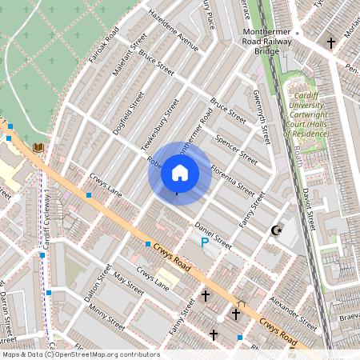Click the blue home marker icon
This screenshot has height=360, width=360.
tap(180, 173)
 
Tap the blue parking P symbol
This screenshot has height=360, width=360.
tap(205, 241)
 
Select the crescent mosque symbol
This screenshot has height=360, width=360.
tap(277, 231)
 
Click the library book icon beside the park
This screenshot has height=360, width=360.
tap(38, 147)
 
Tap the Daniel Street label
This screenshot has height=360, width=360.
tap(213, 234)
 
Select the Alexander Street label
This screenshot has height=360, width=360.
tap(293, 312)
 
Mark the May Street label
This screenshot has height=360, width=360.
tap(128, 282)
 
